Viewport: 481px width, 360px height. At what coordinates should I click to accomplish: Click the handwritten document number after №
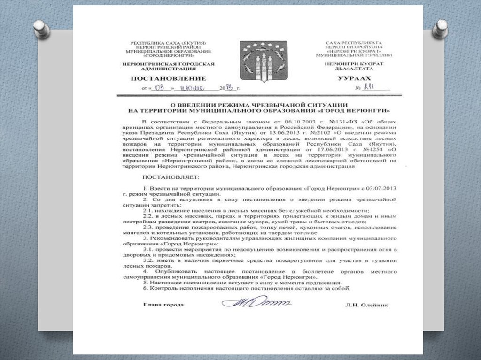point(374,87)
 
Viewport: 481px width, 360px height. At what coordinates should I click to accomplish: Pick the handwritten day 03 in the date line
point(160,88)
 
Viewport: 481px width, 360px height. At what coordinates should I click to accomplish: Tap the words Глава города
point(163,305)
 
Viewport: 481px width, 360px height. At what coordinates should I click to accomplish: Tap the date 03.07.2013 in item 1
point(380,188)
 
